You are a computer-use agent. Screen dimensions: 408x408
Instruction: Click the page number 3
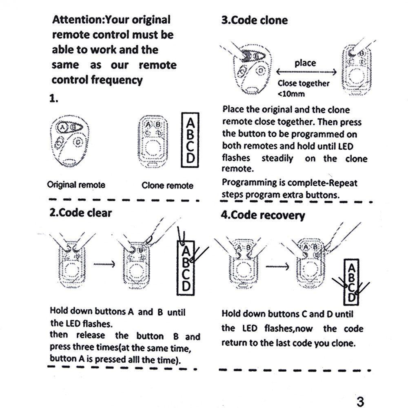(360, 401)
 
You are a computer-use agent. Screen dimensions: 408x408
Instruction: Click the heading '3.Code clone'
(254, 20)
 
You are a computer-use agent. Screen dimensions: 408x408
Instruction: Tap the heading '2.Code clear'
(80, 213)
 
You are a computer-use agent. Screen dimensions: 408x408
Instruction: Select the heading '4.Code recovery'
(263, 215)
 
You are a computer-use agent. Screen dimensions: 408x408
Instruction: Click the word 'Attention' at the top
(76, 19)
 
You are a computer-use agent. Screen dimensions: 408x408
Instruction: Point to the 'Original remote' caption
(76, 184)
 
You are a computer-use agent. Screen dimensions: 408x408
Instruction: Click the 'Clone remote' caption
(167, 186)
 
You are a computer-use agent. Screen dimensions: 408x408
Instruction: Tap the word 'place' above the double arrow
(305, 63)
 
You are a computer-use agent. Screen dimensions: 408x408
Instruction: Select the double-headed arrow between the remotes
(306, 72)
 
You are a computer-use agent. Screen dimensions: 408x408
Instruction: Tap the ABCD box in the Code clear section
(186, 267)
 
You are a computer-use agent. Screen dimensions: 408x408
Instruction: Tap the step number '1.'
(54, 98)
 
